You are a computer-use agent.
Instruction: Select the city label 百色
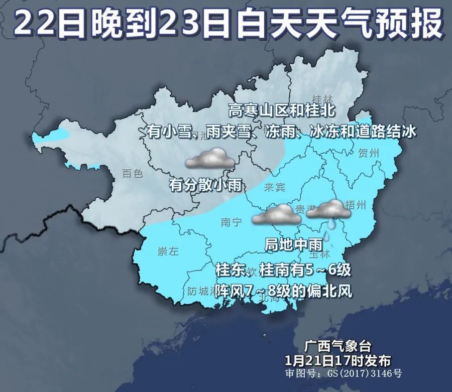click(x=133, y=174)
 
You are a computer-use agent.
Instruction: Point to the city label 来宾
click(x=274, y=187)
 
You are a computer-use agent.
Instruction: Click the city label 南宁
click(x=231, y=221)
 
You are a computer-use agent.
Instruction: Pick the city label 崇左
click(x=167, y=252)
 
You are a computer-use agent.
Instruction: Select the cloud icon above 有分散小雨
click(x=210, y=159)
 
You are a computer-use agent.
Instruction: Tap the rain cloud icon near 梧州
click(x=329, y=211)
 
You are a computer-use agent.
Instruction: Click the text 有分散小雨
click(x=206, y=185)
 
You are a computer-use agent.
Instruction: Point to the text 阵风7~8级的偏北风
click(x=283, y=290)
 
